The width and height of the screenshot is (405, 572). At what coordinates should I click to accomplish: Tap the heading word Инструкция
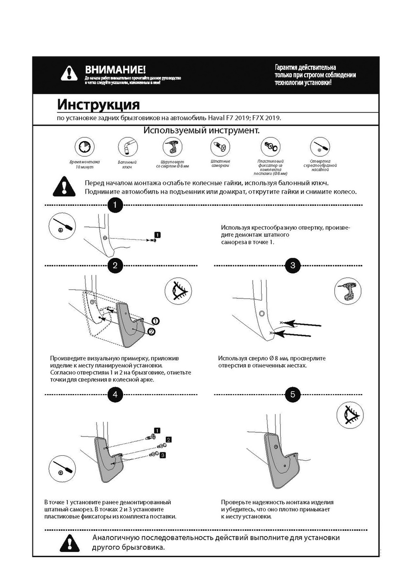click(98, 104)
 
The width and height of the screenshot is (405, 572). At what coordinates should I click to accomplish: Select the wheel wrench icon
click(127, 146)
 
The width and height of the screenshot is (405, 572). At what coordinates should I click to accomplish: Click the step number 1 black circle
click(115, 206)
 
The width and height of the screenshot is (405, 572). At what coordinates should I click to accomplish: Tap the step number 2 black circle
click(115, 266)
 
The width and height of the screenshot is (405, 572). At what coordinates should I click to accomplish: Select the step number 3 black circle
click(293, 266)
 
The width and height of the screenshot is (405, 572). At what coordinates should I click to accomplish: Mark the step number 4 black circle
click(115, 394)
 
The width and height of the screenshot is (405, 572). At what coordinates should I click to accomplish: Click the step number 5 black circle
click(293, 394)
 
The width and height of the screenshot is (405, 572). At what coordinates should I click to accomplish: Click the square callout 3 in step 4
click(163, 456)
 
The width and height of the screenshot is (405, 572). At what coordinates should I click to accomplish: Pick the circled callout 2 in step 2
click(151, 332)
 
